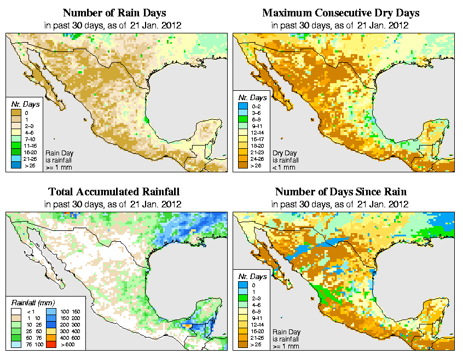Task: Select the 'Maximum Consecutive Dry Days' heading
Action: pos(341,12)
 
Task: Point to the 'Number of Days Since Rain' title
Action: pos(341,192)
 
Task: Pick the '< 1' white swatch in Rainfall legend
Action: pos(16,311)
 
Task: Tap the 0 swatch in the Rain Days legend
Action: pos(16,113)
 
